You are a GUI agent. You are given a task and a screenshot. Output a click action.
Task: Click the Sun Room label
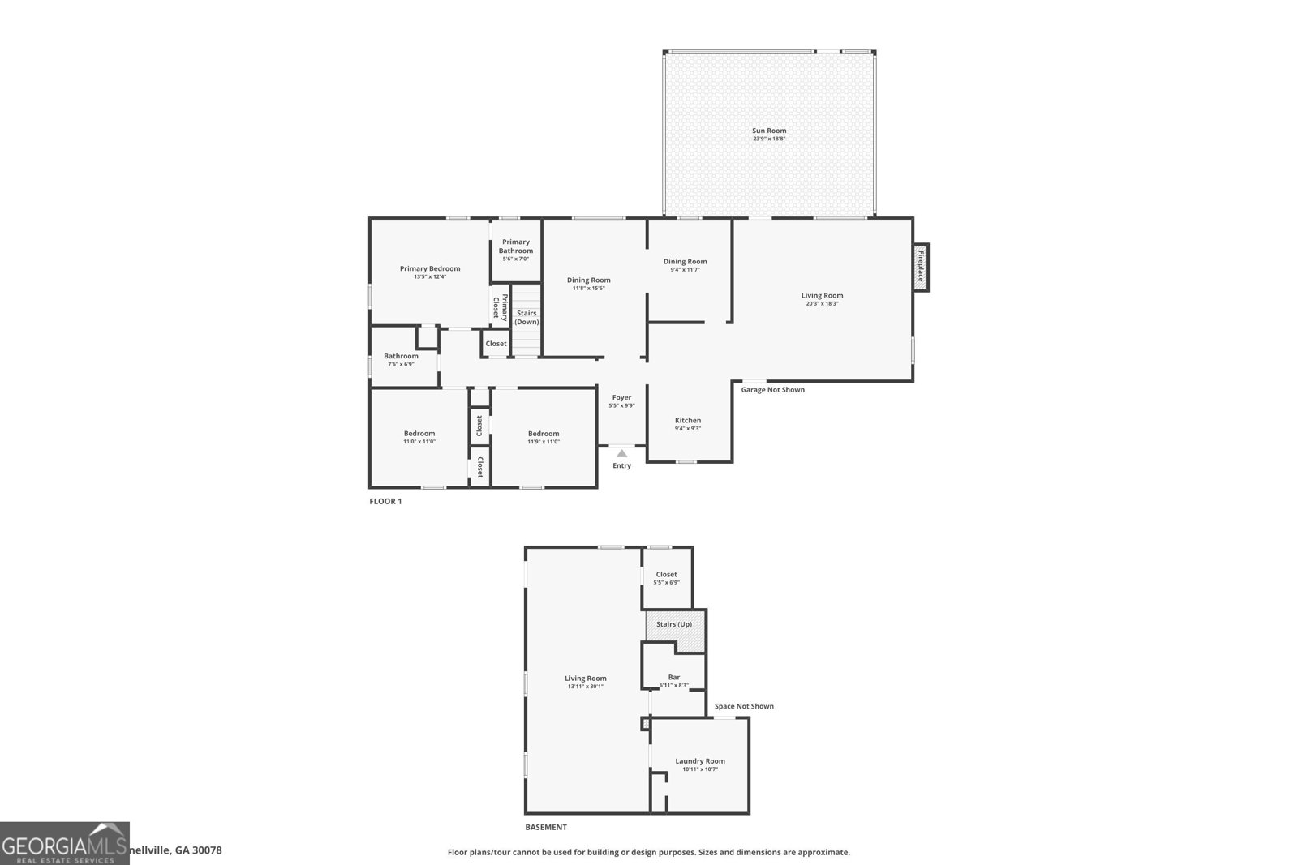pos(769,131)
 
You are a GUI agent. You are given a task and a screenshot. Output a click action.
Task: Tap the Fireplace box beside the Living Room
pos(921,267)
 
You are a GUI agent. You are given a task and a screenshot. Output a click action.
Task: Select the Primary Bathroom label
pos(516,246)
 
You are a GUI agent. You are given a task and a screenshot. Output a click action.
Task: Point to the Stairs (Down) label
pos(527,317)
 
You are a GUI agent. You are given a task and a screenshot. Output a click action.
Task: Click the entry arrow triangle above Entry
pos(621,453)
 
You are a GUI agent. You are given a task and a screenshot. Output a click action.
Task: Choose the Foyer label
pos(621,397)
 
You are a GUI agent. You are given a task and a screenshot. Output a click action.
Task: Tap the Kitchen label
pos(688,420)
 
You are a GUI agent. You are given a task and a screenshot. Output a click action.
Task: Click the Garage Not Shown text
pos(772,390)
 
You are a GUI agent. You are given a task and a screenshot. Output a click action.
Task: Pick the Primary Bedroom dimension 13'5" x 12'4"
pos(430,277)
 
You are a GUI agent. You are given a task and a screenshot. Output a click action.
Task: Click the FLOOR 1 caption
pos(385,501)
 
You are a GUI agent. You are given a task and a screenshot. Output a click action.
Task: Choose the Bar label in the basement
pos(674,677)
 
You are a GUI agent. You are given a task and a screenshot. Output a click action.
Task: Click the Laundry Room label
pos(700,760)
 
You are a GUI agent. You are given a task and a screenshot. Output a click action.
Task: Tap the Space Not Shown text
pos(744,706)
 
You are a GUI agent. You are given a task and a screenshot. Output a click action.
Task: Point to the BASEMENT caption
pos(546,827)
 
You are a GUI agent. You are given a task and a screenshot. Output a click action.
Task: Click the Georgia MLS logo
pos(64,843)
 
